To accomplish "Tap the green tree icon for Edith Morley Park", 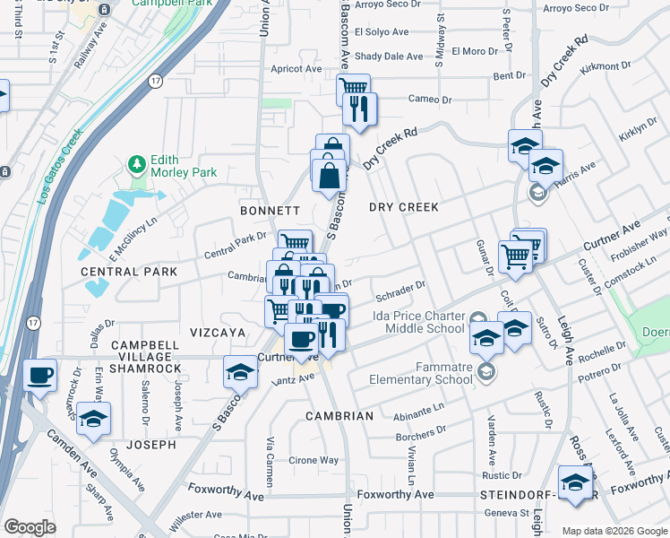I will [x=136, y=164].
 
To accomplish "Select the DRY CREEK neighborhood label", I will [x=404, y=207].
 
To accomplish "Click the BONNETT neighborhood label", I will [x=270, y=211].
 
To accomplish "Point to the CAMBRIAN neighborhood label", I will [x=339, y=416].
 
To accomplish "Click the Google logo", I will [x=30, y=527].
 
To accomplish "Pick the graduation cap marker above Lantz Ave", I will [x=240, y=372].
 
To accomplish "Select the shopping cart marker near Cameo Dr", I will [x=353, y=89].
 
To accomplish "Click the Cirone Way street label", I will [x=314, y=460].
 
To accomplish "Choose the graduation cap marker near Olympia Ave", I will [x=93, y=420].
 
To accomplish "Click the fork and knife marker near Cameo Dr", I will [x=361, y=109].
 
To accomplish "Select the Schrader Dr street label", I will [x=399, y=291].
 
